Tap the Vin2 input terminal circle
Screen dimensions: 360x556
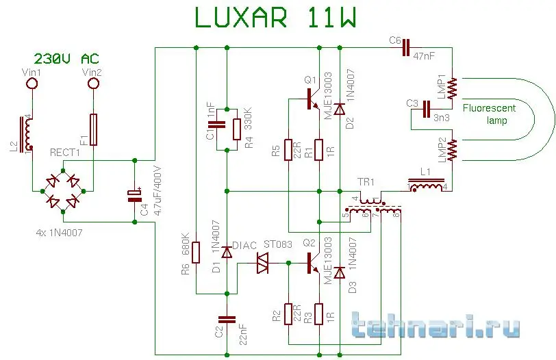point(94,84)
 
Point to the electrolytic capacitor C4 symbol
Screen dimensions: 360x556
point(134,197)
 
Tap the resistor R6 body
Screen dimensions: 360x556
point(196,253)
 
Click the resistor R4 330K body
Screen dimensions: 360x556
point(236,128)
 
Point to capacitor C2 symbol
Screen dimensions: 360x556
point(226,318)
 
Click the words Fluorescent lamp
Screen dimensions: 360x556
point(488,114)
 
